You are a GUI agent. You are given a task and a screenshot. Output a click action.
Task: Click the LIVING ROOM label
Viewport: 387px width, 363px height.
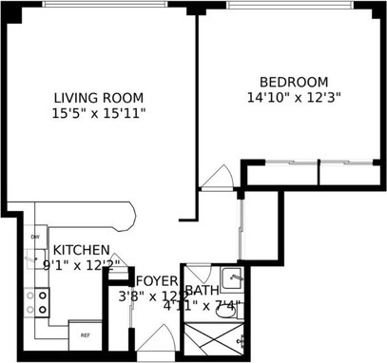pos(99,98)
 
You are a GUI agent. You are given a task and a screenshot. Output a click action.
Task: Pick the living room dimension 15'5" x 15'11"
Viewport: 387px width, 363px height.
pos(99,113)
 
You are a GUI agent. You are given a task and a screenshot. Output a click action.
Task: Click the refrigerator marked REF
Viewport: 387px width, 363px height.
pos(85,334)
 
